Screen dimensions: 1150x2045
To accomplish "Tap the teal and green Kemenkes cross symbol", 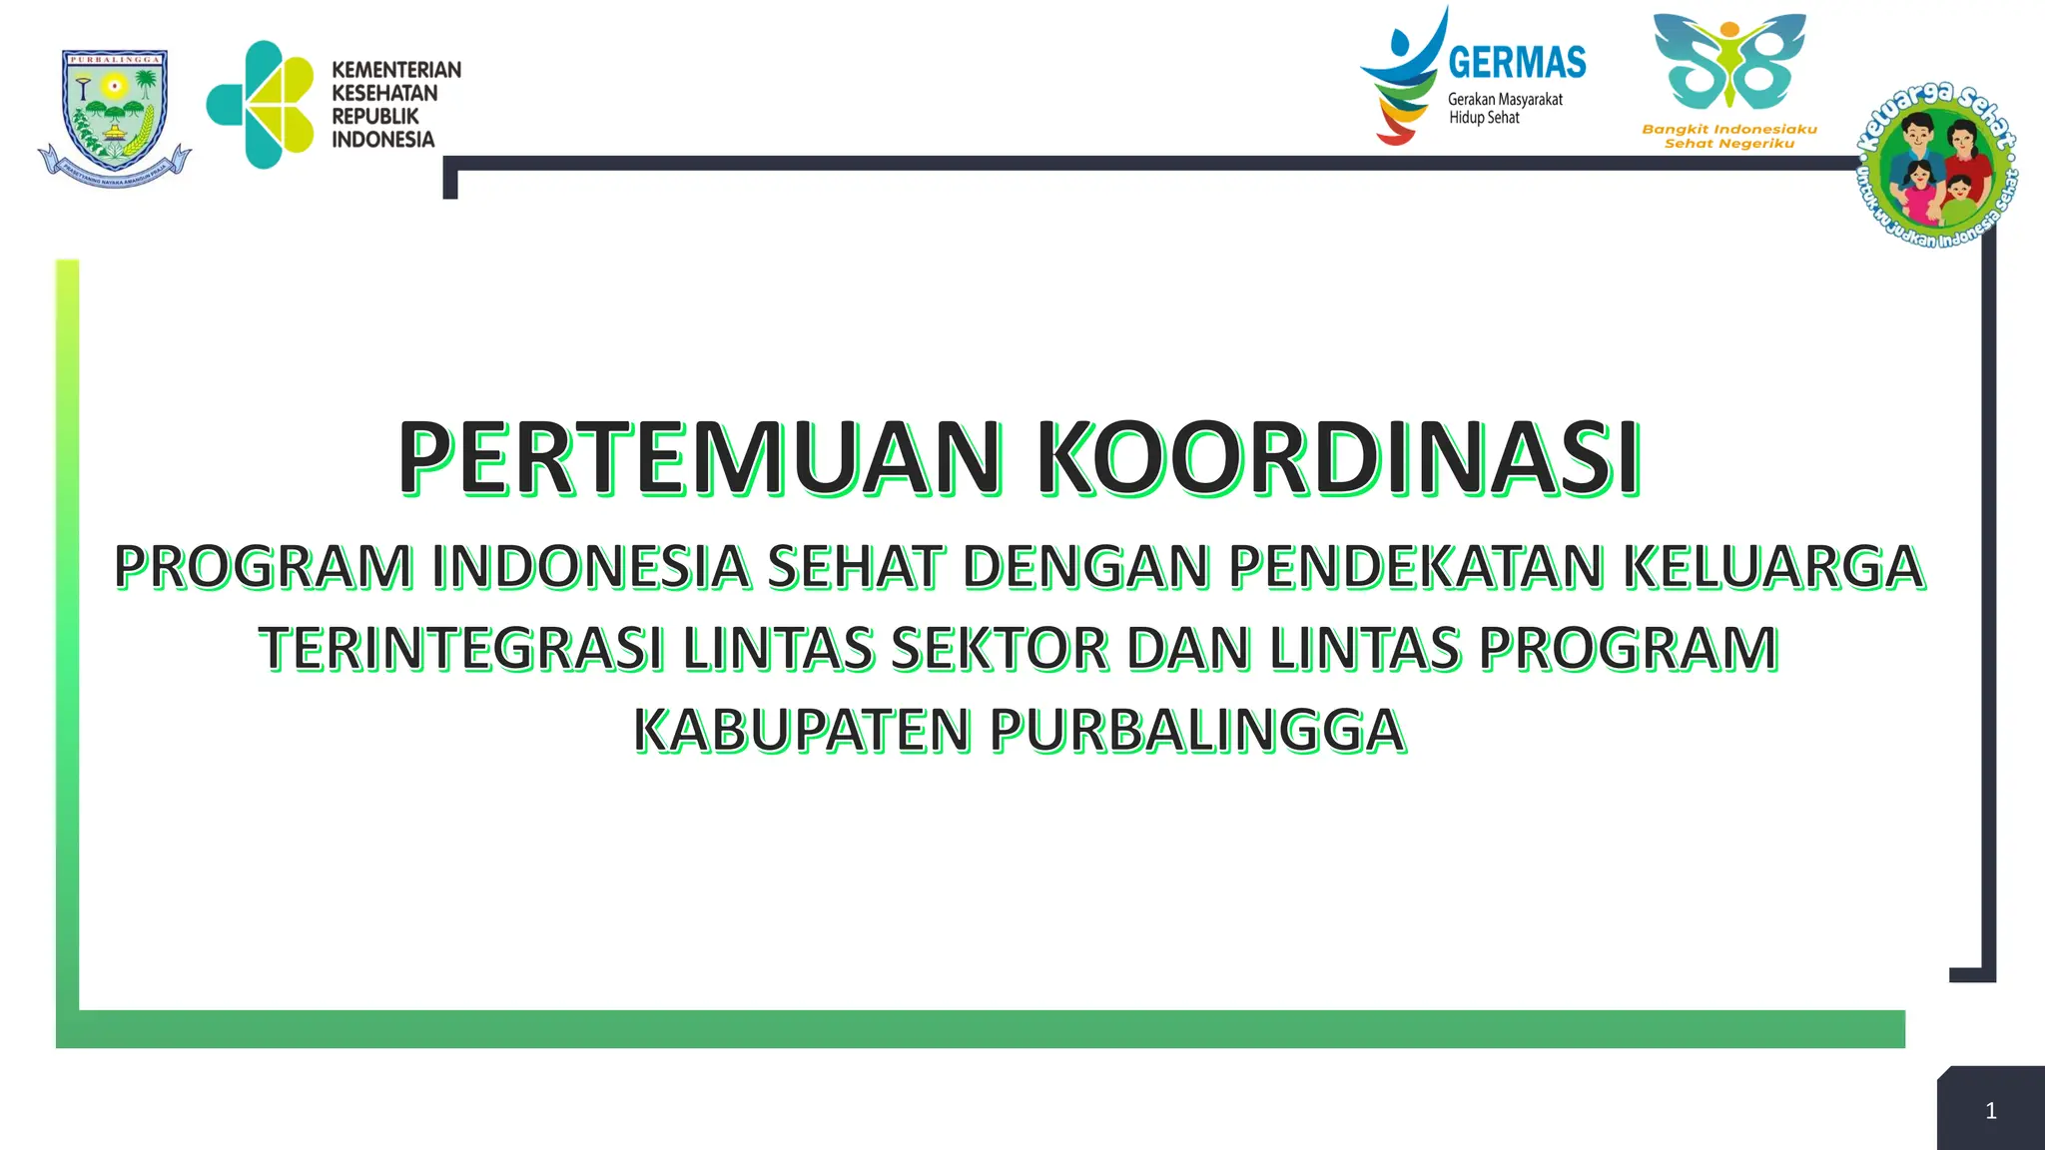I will click(x=261, y=105).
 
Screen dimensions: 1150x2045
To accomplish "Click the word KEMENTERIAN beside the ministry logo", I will click(x=396, y=70).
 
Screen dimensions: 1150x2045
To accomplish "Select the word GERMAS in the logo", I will click(x=1517, y=63).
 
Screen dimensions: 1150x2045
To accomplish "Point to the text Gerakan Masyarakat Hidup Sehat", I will click(x=1504, y=109).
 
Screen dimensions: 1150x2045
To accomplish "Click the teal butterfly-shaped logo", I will click(x=1729, y=62).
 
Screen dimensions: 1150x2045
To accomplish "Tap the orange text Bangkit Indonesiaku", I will click(x=1729, y=129).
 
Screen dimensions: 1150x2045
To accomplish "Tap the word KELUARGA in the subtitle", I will click(x=1772, y=567).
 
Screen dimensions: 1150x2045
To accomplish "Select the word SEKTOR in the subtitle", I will click(x=1000, y=649).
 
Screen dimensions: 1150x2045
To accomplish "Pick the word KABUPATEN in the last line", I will click(x=802, y=731).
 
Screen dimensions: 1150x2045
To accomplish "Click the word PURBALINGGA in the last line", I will click(x=1197, y=731).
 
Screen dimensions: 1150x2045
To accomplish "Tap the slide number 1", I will click(x=1990, y=1111).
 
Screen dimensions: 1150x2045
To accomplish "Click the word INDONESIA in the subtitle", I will click(x=590, y=567).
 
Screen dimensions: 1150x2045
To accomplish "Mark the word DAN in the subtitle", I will click(x=1189, y=649).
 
